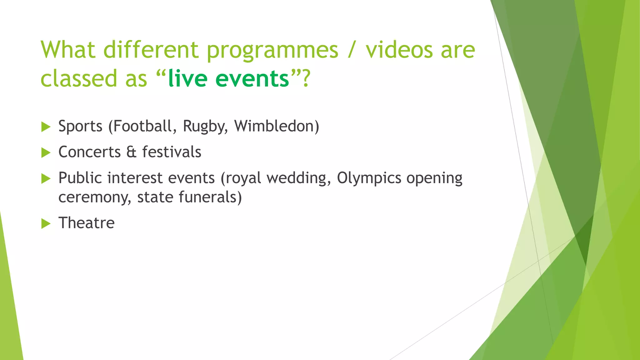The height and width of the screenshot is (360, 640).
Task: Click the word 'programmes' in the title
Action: tap(272, 51)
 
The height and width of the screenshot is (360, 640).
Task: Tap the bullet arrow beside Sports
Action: tap(46, 127)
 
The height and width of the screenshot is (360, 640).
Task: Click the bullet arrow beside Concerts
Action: tap(46, 153)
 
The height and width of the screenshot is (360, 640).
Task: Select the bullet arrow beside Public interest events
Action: tap(46, 179)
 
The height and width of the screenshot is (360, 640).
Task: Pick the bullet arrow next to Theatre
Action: tap(46, 223)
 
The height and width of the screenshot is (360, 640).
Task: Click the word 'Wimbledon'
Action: tap(274, 126)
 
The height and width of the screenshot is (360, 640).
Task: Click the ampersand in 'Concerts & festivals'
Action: tap(132, 152)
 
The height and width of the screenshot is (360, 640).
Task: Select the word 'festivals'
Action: tap(172, 152)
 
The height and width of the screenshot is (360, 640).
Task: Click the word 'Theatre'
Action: tap(87, 223)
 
